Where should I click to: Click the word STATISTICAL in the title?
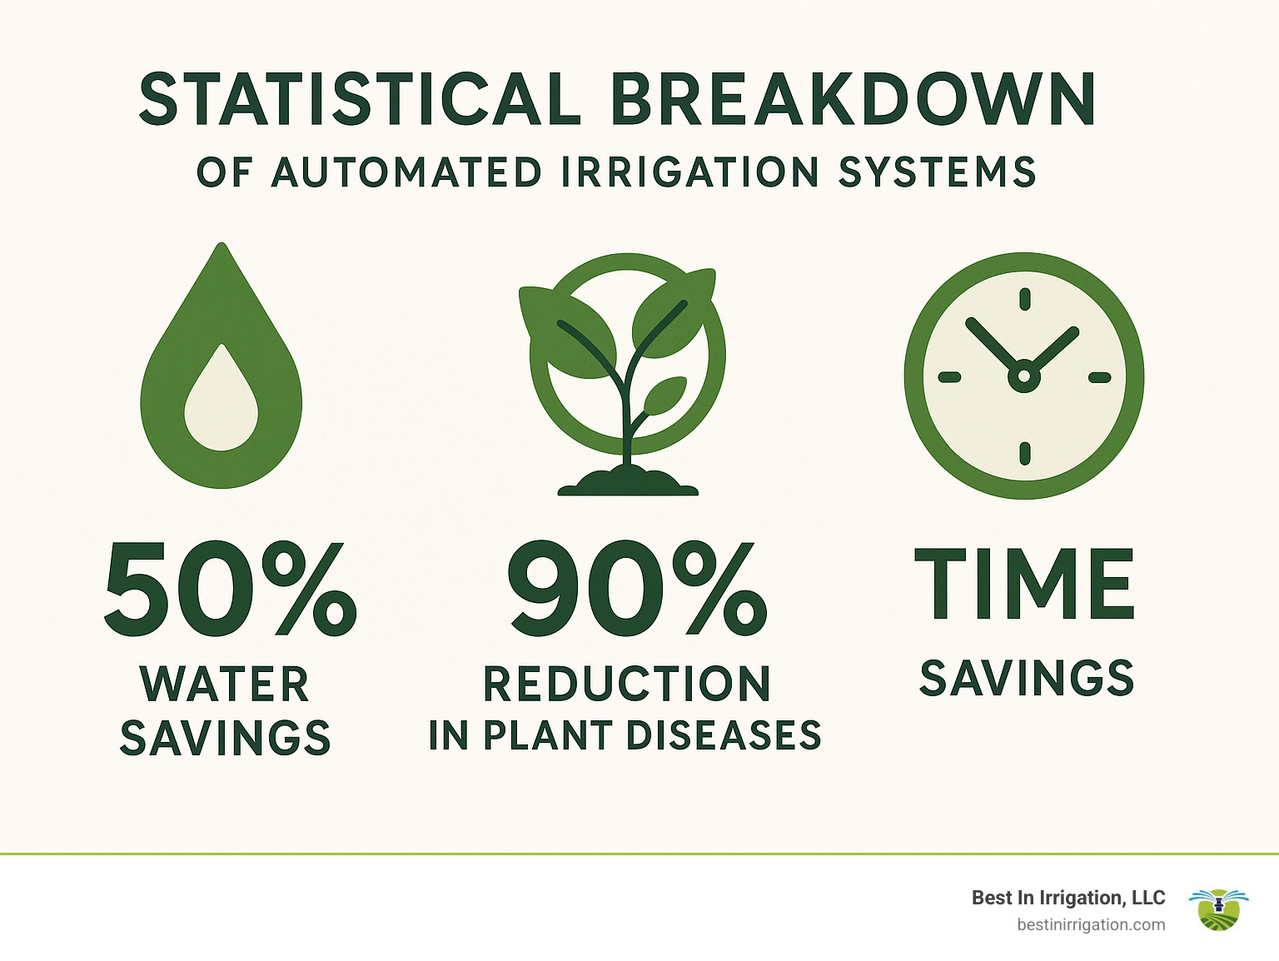(360, 99)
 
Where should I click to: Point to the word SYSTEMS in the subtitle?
(937, 172)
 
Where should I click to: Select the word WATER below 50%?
(225, 685)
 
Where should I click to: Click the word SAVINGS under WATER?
(225, 738)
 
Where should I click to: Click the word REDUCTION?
(627, 685)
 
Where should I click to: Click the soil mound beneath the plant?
(628, 482)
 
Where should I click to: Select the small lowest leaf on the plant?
(665, 395)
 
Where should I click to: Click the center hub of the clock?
(1023, 376)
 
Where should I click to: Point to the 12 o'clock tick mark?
(1024, 299)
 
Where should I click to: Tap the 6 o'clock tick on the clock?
(1024, 453)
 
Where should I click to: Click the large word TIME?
(1025, 585)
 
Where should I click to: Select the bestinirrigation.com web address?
(1091, 924)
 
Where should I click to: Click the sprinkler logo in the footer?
(1218, 909)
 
